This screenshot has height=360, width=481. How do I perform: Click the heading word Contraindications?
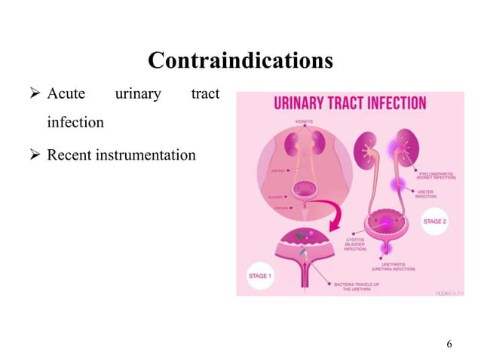pos(240,59)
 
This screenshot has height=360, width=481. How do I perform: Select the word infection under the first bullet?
pos(75,121)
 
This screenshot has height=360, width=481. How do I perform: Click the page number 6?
pos(449,344)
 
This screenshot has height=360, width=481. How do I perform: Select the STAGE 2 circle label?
pos(435,222)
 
